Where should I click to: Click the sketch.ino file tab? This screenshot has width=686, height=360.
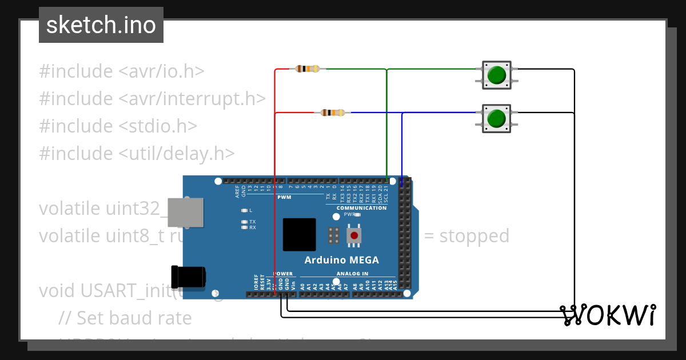101,25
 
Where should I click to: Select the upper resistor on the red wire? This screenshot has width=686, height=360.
308,69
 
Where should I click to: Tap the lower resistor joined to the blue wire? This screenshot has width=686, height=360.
333,113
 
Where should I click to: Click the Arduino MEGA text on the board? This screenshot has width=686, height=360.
341,260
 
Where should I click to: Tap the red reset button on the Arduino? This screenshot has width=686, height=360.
354,235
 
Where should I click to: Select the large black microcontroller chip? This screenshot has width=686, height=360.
299,234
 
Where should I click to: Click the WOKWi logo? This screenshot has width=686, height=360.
607,315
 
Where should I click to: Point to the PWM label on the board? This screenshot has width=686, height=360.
284,198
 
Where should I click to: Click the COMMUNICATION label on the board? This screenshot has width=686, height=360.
361,208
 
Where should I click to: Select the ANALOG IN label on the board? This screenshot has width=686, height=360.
352,274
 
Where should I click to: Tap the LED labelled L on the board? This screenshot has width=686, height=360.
245,210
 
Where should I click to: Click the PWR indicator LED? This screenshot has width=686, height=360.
357,215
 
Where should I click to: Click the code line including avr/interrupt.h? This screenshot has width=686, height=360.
152,98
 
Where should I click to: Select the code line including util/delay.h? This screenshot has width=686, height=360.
137,153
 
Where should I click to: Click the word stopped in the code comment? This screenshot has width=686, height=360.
474,235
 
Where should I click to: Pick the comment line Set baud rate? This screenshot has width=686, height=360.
125,317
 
